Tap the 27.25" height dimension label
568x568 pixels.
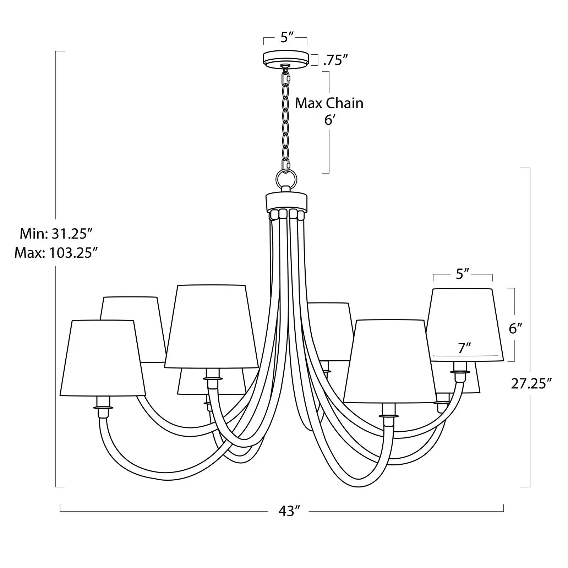531,384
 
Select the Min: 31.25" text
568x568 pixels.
56,234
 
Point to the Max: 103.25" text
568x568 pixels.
56,253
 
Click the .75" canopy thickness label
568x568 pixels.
335,61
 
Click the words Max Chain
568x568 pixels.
329,103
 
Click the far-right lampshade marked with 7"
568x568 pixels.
467,325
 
